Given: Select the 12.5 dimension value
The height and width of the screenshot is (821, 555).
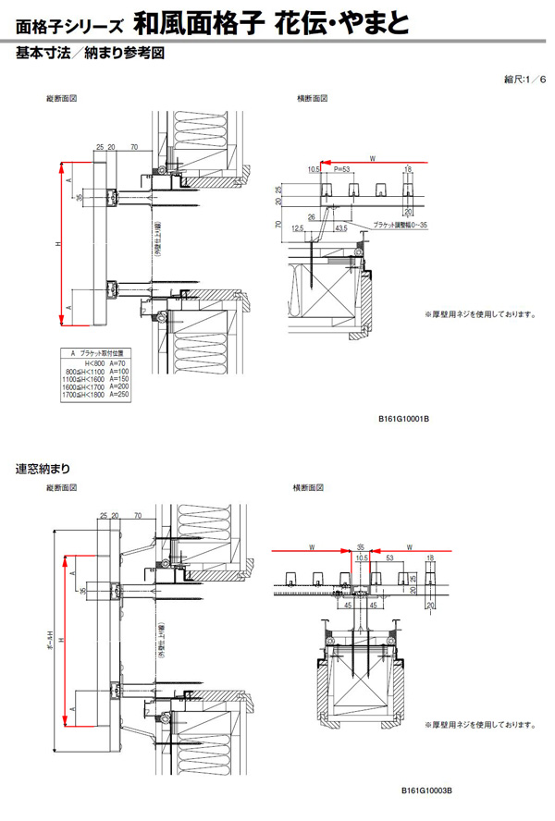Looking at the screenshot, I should [x=297, y=227].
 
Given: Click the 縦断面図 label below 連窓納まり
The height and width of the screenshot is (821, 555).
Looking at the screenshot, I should [x=60, y=486].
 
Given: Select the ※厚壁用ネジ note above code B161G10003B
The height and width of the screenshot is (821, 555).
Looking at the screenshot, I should [x=480, y=726].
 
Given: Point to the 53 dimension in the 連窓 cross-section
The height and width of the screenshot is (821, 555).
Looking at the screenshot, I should [x=391, y=559].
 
